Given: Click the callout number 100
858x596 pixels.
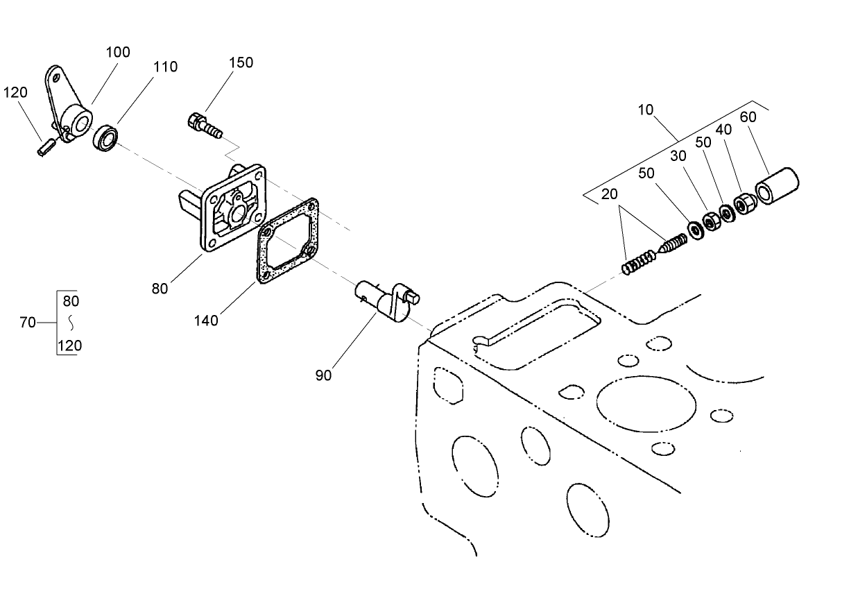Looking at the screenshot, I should [x=118, y=53].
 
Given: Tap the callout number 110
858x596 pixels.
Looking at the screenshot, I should [x=165, y=67].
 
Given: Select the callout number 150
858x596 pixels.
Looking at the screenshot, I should [x=241, y=62].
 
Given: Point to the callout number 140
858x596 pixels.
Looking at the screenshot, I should [x=206, y=321].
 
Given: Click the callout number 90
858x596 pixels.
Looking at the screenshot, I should [x=323, y=375].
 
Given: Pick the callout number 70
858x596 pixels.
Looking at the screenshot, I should [x=28, y=323].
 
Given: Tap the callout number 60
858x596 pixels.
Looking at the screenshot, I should [x=748, y=117].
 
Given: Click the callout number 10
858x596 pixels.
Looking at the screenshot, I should [x=646, y=110].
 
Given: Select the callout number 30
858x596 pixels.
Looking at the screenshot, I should [x=678, y=157].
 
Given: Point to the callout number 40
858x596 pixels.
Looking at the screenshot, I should [x=723, y=130].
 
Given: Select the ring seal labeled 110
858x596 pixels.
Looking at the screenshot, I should [x=105, y=137].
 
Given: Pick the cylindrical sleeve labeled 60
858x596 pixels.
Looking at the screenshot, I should [x=776, y=186].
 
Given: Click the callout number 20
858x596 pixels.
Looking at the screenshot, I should [x=609, y=195].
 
